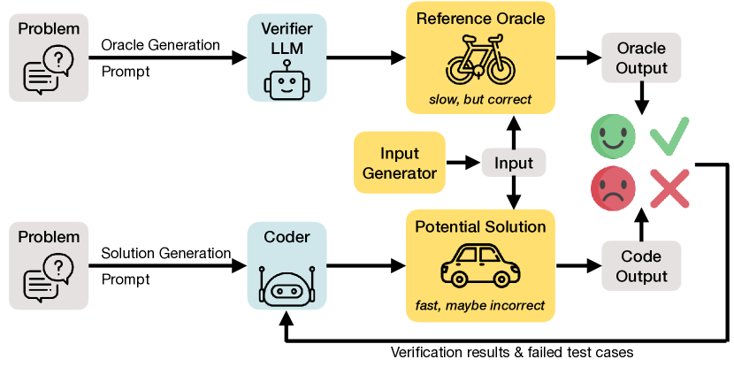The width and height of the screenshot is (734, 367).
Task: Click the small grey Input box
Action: tap(514, 163)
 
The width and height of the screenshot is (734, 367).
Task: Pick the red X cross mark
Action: tap(669, 188)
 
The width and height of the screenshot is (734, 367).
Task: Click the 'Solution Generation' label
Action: tap(165, 254)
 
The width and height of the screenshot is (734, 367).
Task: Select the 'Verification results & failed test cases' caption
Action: tap(512, 353)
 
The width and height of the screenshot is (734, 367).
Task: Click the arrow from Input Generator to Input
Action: tap(461, 163)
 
